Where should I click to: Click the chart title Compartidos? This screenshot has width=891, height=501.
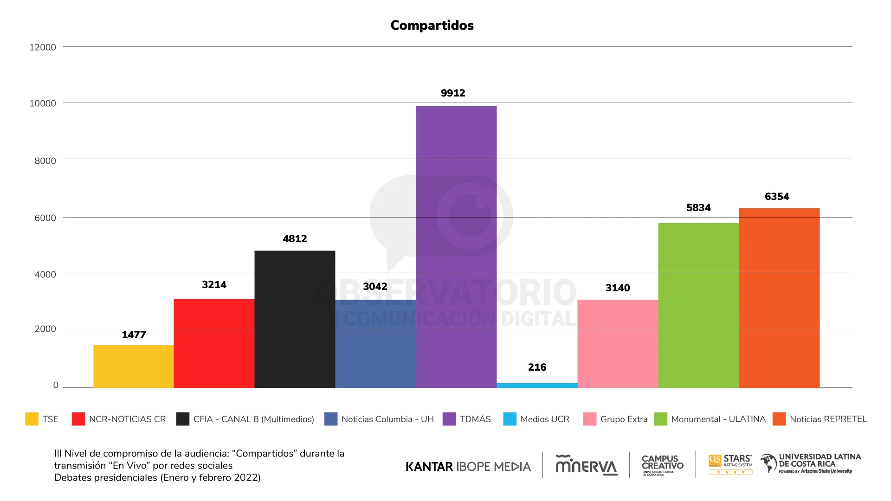[x=432, y=25]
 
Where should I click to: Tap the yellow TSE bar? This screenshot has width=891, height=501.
[x=134, y=366]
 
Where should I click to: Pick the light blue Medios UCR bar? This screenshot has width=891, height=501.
[x=537, y=385]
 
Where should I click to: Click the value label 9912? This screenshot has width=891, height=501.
[x=453, y=93]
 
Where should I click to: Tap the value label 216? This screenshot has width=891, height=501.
[x=537, y=367]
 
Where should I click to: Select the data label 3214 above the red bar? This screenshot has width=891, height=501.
[x=214, y=284]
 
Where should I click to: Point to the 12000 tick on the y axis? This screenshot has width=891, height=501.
[x=43, y=47]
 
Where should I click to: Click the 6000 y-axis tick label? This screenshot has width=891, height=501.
[x=45, y=218]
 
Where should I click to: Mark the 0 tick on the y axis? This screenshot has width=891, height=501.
[x=56, y=385]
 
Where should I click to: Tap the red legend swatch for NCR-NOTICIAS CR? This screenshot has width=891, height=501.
[x=78, y=419]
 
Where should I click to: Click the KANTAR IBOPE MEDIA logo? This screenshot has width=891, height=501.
[x=468, y=466]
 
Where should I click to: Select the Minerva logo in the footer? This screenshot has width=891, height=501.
[x=587, y=465]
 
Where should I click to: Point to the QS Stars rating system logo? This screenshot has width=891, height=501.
[x=730, y=464]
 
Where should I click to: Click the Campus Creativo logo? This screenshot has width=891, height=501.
[x=662, y=465]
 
